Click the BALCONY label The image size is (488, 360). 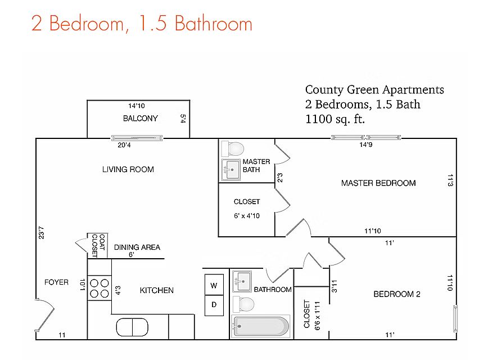pyautogui.click(x=141, y=118)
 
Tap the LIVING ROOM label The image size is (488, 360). pyautogui.click(x=128, y=169)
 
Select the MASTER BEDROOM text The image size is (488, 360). pyautogui.click(x=378, y=183)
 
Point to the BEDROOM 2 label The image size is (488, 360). pyautogui.click(x=397, y=294)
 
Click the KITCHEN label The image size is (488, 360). pyautogui.click(x=156, y=291)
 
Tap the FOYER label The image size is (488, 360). pyautogui.click(x=56, y=282)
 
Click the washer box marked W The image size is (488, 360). pyautogui.click(x=214, y=285)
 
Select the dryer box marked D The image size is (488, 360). pyautogui.click(x=214, y=305)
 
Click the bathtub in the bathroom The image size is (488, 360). pyautogui.click(x=260, y=326)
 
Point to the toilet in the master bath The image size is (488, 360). pyautogui.click(x=233, y=149)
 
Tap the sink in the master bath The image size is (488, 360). pyautogui.click(x=231, y=170)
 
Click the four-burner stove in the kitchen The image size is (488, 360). pyautogui.click(x=100, y=289)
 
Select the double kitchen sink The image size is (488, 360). pyautogui.click(x=132, y=327)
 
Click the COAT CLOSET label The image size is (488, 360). pyautogui.click(x=98, y=246)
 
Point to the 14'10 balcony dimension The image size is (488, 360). pyautogui.click(x=137, y=106)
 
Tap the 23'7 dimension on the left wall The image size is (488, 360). pyautogui.click(x=41, y=233)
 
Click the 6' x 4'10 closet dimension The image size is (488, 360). pyautogui.click(x=247, y=216)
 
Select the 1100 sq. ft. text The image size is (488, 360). pyautogui.click(x=335, y=119)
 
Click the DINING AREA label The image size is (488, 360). pyautogui.click(x=137, y=247)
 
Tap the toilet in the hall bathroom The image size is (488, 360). pyautogui.click(x=243, y=304)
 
